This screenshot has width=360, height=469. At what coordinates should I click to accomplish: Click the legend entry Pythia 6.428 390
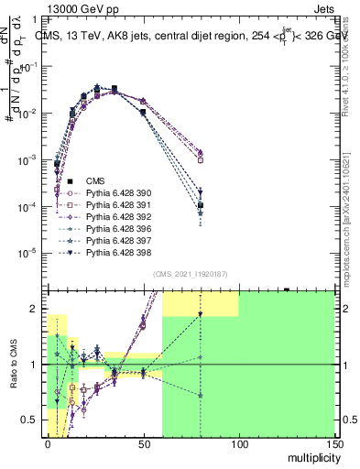pos(115,193)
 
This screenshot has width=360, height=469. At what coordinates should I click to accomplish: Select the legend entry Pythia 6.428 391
pos(115,205)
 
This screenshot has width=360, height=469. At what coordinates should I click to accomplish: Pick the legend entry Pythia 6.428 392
pos(115,217)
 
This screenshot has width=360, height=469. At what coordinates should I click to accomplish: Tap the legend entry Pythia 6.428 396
pos(115,229)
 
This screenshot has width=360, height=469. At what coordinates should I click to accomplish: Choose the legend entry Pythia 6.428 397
pos(115,241)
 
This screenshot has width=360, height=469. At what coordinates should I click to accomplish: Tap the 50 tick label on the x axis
pos(143,442)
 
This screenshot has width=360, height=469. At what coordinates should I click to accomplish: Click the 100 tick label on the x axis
pos(238,442)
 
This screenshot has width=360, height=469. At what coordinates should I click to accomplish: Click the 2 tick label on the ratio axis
pos(36,310)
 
